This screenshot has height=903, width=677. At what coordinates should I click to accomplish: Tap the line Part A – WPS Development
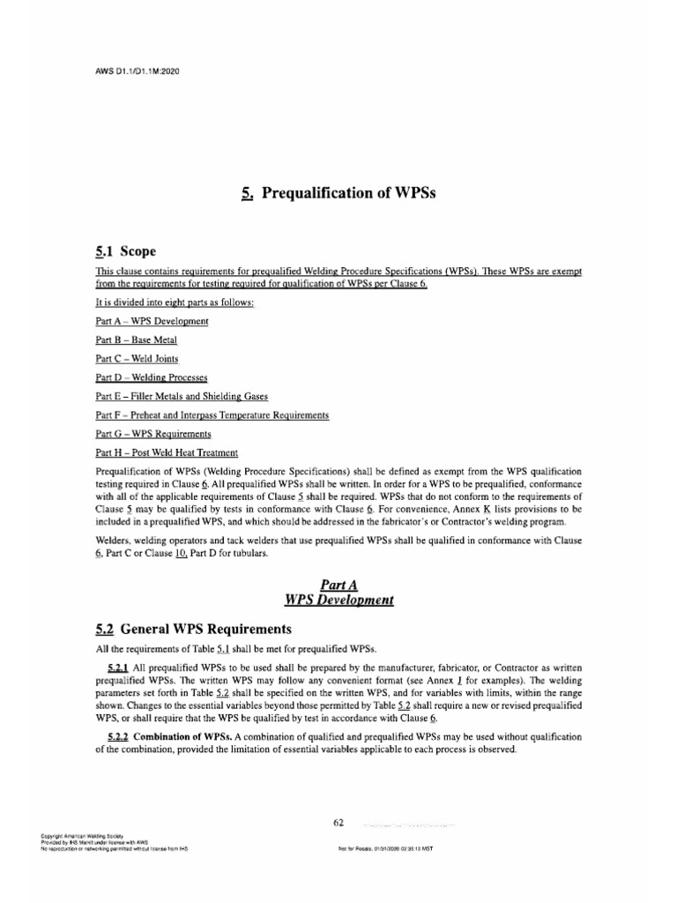[152, 321]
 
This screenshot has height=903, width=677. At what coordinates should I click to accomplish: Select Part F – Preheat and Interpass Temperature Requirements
[212, 414]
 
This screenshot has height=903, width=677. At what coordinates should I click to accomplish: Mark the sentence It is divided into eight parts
[174, 302]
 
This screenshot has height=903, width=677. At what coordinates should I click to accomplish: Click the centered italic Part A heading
[339, 584]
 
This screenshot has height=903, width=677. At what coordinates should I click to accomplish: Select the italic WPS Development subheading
[339, 600]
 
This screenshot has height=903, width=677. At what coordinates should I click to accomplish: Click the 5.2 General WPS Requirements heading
[192, 630]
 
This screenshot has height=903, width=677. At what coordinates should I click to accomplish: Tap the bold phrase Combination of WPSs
[189, 735]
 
